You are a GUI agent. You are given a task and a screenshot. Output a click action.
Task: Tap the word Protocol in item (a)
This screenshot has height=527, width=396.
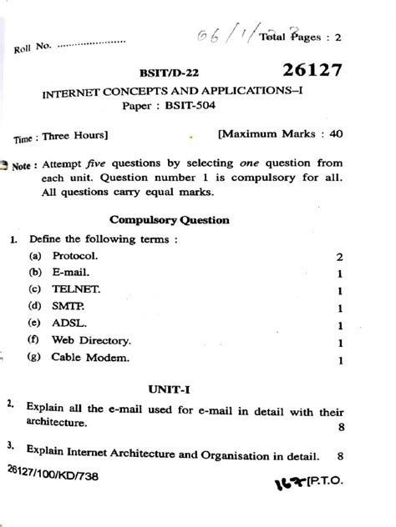(75, 256)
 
